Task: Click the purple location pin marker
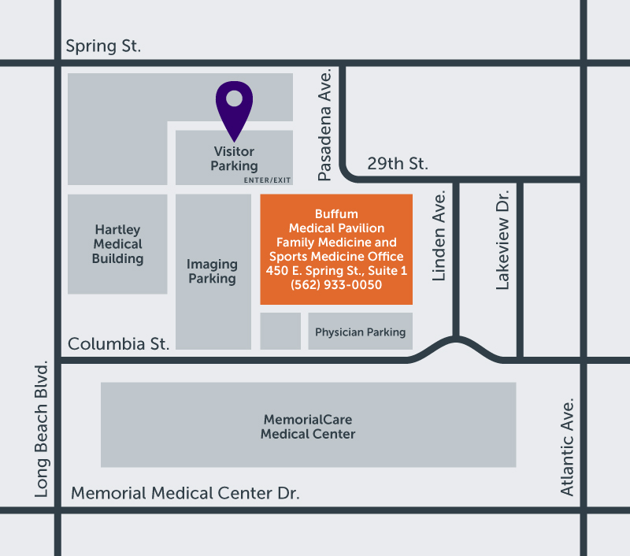point(234,106)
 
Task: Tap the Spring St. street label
point(103,46)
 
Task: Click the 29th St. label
point(398,164)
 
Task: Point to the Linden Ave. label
point(439,235)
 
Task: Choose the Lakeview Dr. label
point(504,239)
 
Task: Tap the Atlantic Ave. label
point(567,446)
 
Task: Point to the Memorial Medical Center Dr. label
point(185,494)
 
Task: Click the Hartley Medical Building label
point(118,244)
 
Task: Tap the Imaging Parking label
point(212,272)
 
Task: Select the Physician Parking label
point(360,332)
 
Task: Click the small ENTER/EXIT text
point(267,180)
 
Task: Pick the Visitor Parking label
point(234,158)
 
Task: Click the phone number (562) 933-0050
point(336,285)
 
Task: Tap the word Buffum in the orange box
point(336,214)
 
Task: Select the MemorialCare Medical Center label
point(308,427)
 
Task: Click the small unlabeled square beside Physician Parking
point(280,331)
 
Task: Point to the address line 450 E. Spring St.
point(336,271)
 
